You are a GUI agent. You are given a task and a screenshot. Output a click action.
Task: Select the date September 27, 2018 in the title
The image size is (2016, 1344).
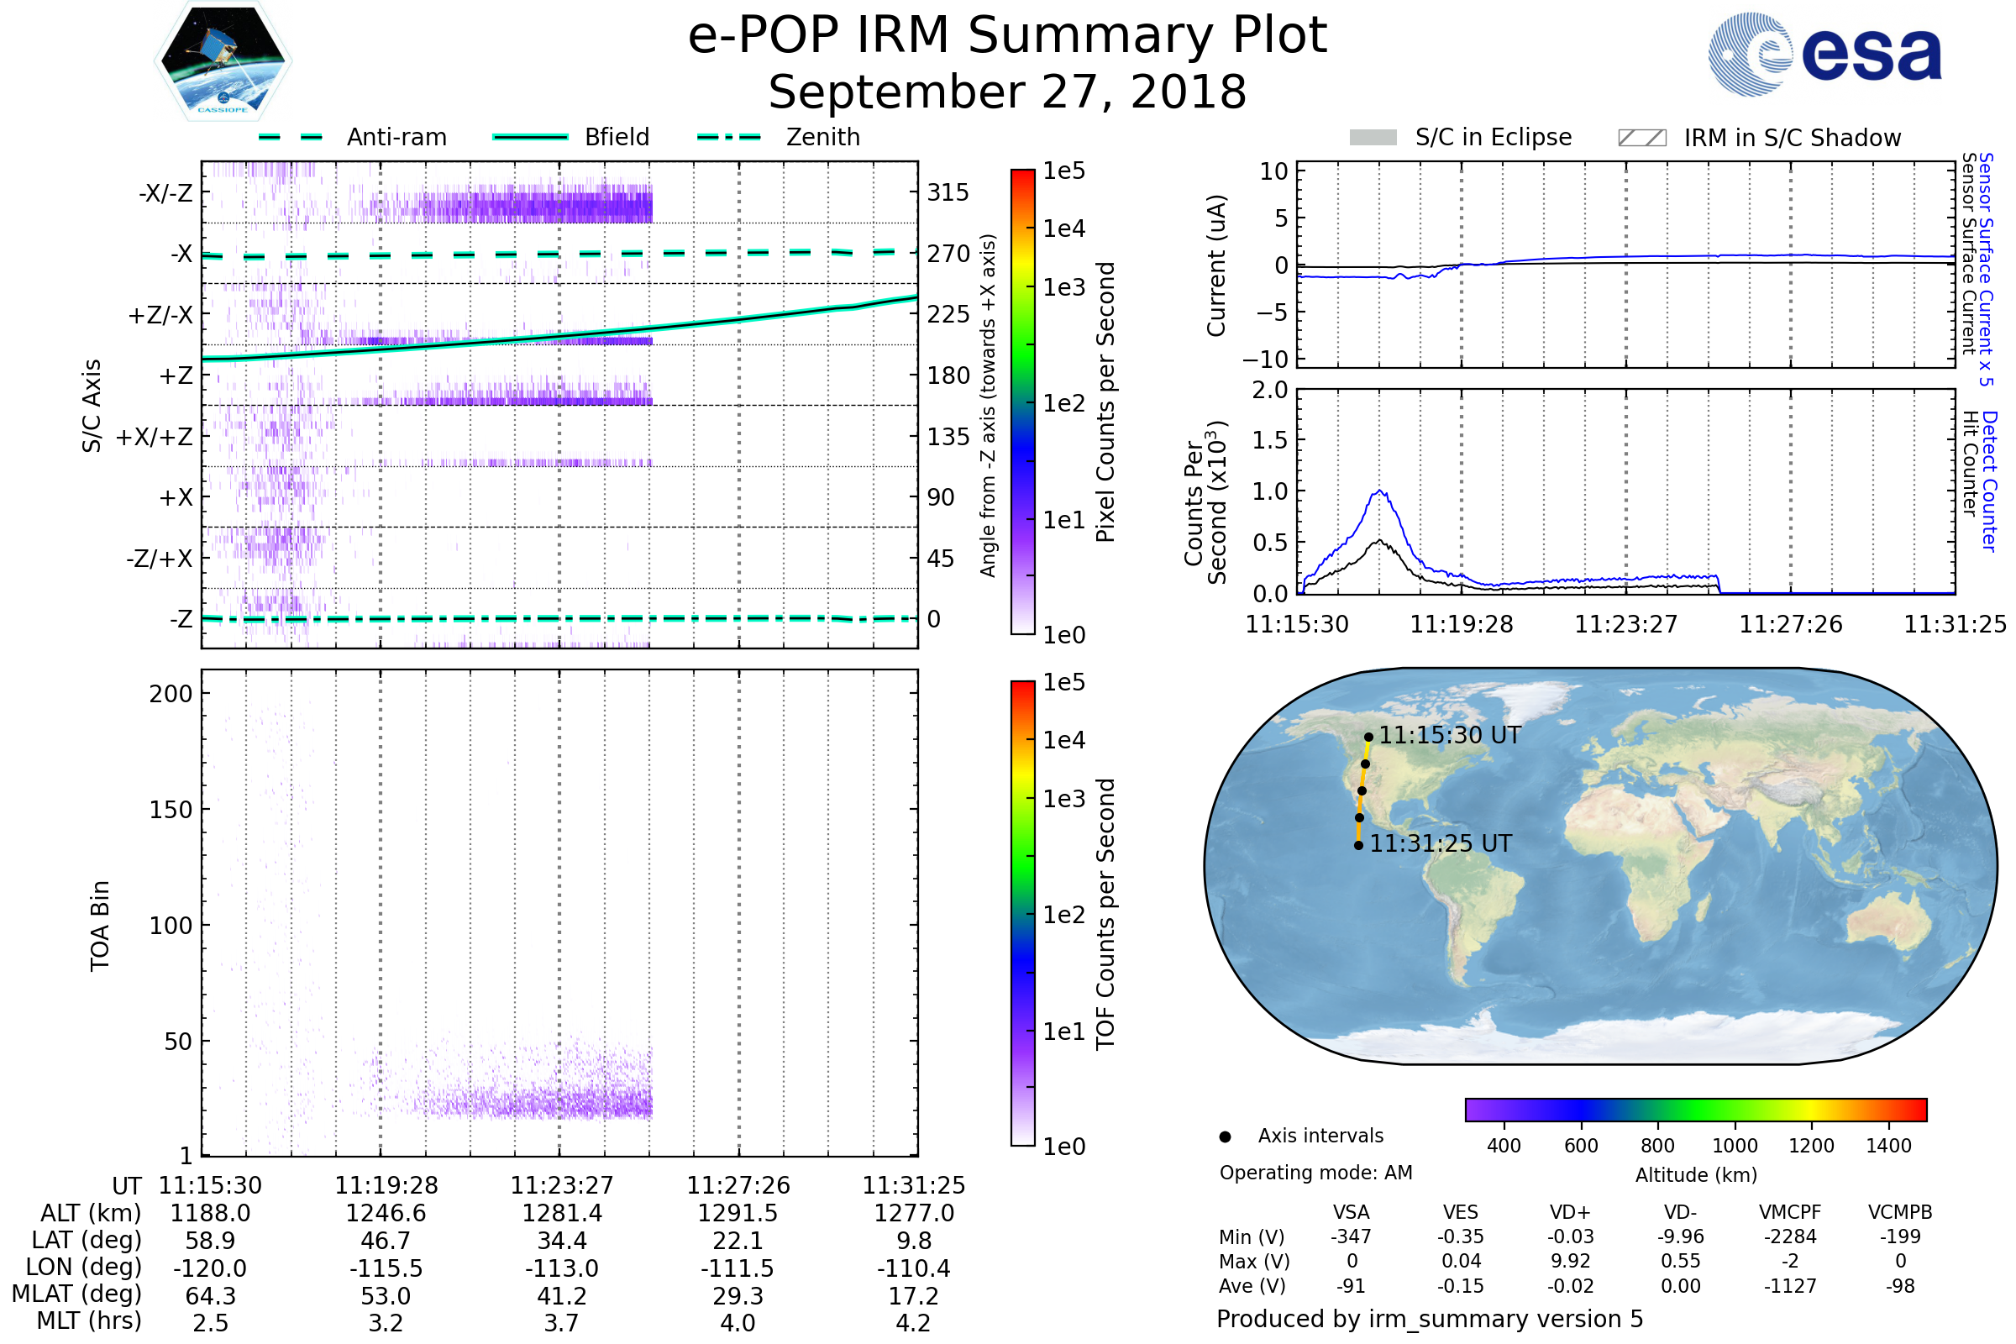[x=1007, y=92]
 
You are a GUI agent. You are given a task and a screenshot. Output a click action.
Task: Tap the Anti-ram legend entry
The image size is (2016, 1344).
[x=396, y=137]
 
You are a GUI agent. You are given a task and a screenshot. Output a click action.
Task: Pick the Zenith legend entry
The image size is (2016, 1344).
[x=822, y=137]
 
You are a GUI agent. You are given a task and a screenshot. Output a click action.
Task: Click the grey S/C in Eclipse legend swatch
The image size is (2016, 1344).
[x=1373, y=138]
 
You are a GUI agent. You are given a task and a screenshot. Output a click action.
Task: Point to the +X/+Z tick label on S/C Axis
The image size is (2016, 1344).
[x=155, y=437]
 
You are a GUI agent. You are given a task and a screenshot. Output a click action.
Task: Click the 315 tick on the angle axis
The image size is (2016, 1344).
[x=948, y=193]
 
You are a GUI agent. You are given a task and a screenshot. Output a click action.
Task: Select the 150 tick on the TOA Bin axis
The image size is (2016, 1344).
[x=171, y=810]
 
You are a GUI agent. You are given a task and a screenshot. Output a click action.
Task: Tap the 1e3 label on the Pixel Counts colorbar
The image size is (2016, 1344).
[x=1063, y=288]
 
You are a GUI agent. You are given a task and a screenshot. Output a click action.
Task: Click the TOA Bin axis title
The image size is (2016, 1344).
[x=99, y=926]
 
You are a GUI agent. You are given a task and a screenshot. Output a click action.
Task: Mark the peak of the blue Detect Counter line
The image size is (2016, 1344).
[x=1380, y=491]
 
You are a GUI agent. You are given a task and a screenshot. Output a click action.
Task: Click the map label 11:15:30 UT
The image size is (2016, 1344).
[x=1450, y=736]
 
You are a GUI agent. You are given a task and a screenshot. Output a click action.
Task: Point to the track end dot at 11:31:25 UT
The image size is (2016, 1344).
[x=1358, y=846]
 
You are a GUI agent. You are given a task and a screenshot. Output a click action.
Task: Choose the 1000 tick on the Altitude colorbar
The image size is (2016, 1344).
[x=1734, y=1146]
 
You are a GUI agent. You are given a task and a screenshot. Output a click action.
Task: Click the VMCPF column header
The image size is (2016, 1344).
[x=1790, y=1213]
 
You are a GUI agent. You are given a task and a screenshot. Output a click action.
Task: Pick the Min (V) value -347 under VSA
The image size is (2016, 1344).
[x=1351, y=1236]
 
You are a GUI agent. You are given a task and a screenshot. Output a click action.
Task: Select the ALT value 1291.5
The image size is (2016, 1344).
[x=738, y=1214]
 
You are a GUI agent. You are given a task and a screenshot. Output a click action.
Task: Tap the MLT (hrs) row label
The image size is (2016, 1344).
[x=88, y=1320]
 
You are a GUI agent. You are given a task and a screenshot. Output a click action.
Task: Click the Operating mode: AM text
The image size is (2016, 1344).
[x=1315, y=1173]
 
